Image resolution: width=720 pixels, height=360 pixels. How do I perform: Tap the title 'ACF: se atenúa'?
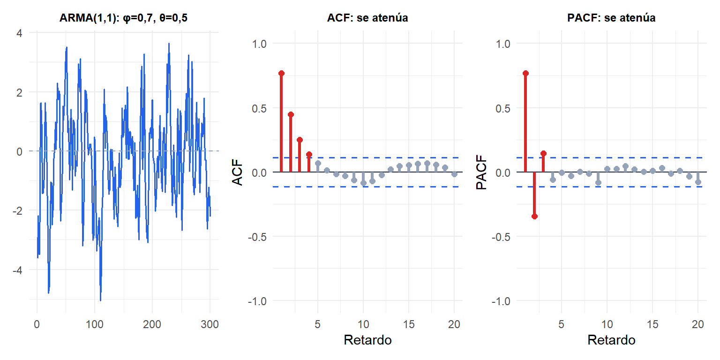pyautogui.click(x=367, y=18)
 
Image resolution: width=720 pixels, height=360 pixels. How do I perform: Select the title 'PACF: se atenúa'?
pyautogui.click(x=611, y=18)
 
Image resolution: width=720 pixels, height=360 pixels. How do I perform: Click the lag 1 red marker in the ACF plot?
pyautogui.click(x=282, y=73)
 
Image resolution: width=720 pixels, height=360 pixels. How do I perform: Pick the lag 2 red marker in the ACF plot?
pyautogui.click(x=291, y=114)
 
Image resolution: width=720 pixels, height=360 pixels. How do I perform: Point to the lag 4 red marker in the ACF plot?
pyautogui.click(x=309, y=154)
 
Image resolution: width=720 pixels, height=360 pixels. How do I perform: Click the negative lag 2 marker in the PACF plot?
pyautogui.click(x=534, y=216)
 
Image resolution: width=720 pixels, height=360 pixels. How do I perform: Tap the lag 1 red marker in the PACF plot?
pyautogui.click(x=525, y=73)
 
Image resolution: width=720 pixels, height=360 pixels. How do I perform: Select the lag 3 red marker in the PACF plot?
pyautogui.click(x=544, y=153)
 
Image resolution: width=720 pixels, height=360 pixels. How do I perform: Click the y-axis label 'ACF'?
pyautogui.click(x=237, y=172)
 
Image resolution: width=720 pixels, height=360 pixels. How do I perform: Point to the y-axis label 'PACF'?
pyautogui.click(x=481, y=172)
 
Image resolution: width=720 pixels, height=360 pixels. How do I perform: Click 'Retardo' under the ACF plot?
pyautogui.click(x=367, y=340)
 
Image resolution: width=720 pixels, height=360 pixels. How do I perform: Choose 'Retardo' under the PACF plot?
pyautogui.click(x=611, y=340)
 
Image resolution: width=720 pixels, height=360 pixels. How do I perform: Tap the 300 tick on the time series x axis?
pyautogui.click(x=210, y=324)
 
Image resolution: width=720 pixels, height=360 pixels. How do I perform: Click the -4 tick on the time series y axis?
pyautogui.click(x=17, y=270)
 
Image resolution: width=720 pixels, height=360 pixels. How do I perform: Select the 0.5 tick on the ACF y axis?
pyautogui.click(x=259, y=108)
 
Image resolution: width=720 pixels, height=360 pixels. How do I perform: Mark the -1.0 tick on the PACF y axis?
pyautogui.click(x=501, y=301)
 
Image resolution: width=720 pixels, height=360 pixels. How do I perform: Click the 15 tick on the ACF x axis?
pyautogui.click(x=409, y=324)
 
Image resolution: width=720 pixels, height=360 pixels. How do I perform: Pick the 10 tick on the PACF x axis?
pyautogui.click(x=607, y=324)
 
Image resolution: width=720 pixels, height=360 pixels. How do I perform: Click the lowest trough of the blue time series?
pyautogui.click(x=101, y=300)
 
